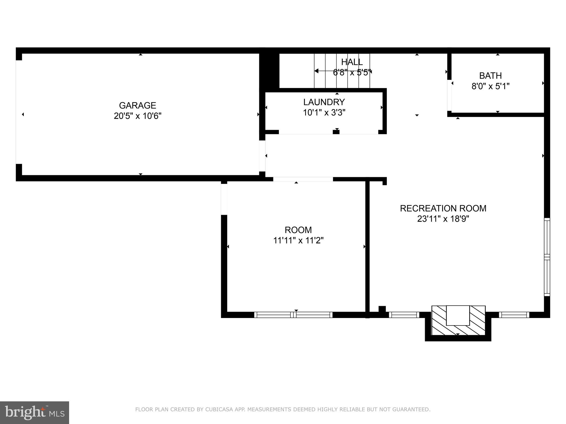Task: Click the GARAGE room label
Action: coord(137,105)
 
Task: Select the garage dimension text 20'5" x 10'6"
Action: coord(137,116)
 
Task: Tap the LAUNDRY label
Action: coord(324,102)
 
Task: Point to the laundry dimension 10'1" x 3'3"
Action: coord(324,113)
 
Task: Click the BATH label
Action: coord(490,76)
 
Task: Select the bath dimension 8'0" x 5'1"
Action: coord(490,86)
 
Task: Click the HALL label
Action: coord(352,62)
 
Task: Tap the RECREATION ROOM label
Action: coord(443,208)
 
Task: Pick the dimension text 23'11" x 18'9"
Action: coord(443,219)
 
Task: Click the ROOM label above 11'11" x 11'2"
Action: coord(298,230)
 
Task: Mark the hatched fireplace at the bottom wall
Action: coord(458,320)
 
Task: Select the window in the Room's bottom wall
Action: coord(293,315)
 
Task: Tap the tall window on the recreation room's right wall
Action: coord(547,257)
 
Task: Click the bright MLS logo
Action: coord(34,412)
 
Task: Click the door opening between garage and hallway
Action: coord(262,156)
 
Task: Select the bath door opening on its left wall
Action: coord(449,95)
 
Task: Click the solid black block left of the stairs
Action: coord(269,71)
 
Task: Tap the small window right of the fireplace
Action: coord(514,315)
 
